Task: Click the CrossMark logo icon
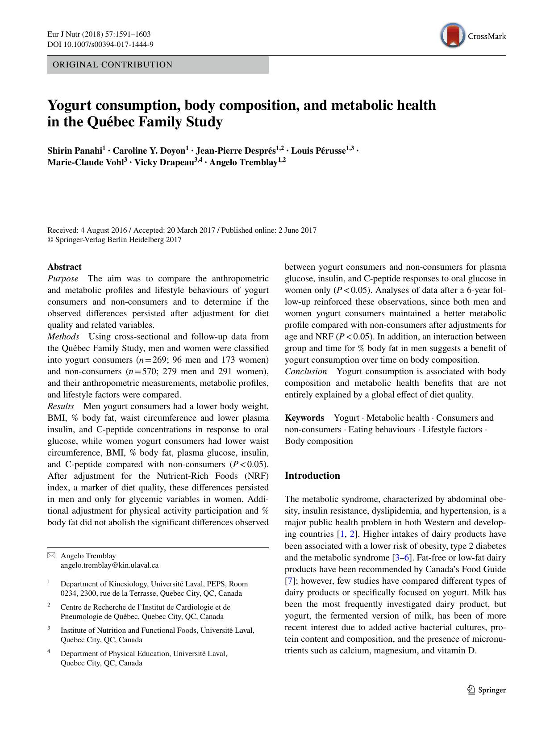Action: pyautogui.click(x=453, y=36)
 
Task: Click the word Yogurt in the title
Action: pyautogui.click(x=70, y=105)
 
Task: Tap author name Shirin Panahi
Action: pyautogui.click(x=75, y=151)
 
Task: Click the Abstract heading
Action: pyautogui.click(x=64, y=267)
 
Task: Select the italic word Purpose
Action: pyautogui.click(x=63, y=279)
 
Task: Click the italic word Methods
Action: pyautogui.click(x=63, y=337)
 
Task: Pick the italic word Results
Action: pyautogui.click(x=61, y=406)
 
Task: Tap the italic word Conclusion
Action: pyautogui.click(x=306, y=372)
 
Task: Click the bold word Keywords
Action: pyautogui.click(x=304, y=418)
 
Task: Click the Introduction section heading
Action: pyautogui.click(x=312, y=476)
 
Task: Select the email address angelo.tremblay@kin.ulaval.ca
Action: pyautogui.click(x=109, y=565)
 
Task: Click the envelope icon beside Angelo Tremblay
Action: pyautogui.click(x=51, y=556)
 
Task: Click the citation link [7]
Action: pyautogui.click(x=289, y=581)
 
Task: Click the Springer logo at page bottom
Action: pyautogui.click(x=486, y=690)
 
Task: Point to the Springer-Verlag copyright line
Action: pyautogui.click(x=114, y=240)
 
